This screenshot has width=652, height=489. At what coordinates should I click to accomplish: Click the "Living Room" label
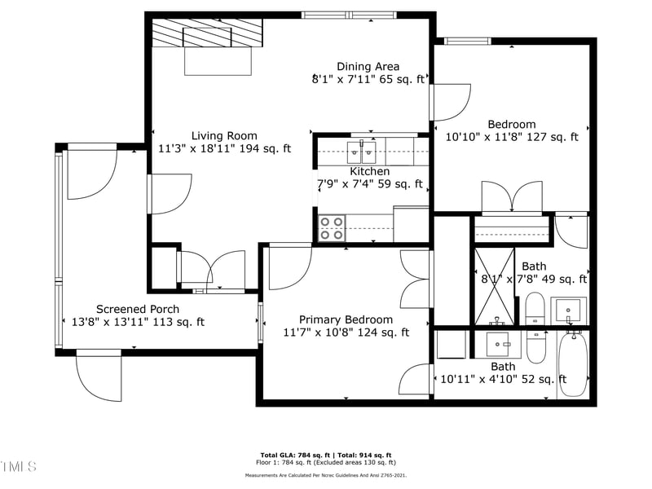point(224,136)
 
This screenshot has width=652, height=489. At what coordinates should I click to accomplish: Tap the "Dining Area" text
point(368,66)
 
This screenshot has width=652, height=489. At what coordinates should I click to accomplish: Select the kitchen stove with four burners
point(332,228)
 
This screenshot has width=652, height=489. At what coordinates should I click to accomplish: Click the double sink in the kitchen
point(362,150)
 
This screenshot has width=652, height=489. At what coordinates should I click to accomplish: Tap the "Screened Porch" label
point(138,309)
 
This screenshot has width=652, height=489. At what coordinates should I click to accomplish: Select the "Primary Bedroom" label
point(346,319)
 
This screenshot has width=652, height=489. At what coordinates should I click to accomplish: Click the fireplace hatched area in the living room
point(209,36)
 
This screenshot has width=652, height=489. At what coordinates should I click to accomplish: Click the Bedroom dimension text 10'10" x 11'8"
point(512,137)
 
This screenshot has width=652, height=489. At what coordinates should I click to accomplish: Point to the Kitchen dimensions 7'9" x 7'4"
point(369,184)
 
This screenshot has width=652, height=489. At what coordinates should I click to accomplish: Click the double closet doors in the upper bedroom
point(511,198)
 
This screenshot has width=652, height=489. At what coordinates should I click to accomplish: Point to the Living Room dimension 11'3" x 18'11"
point(224,149)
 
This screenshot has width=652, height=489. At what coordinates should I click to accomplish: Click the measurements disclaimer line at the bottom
point(325,474)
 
